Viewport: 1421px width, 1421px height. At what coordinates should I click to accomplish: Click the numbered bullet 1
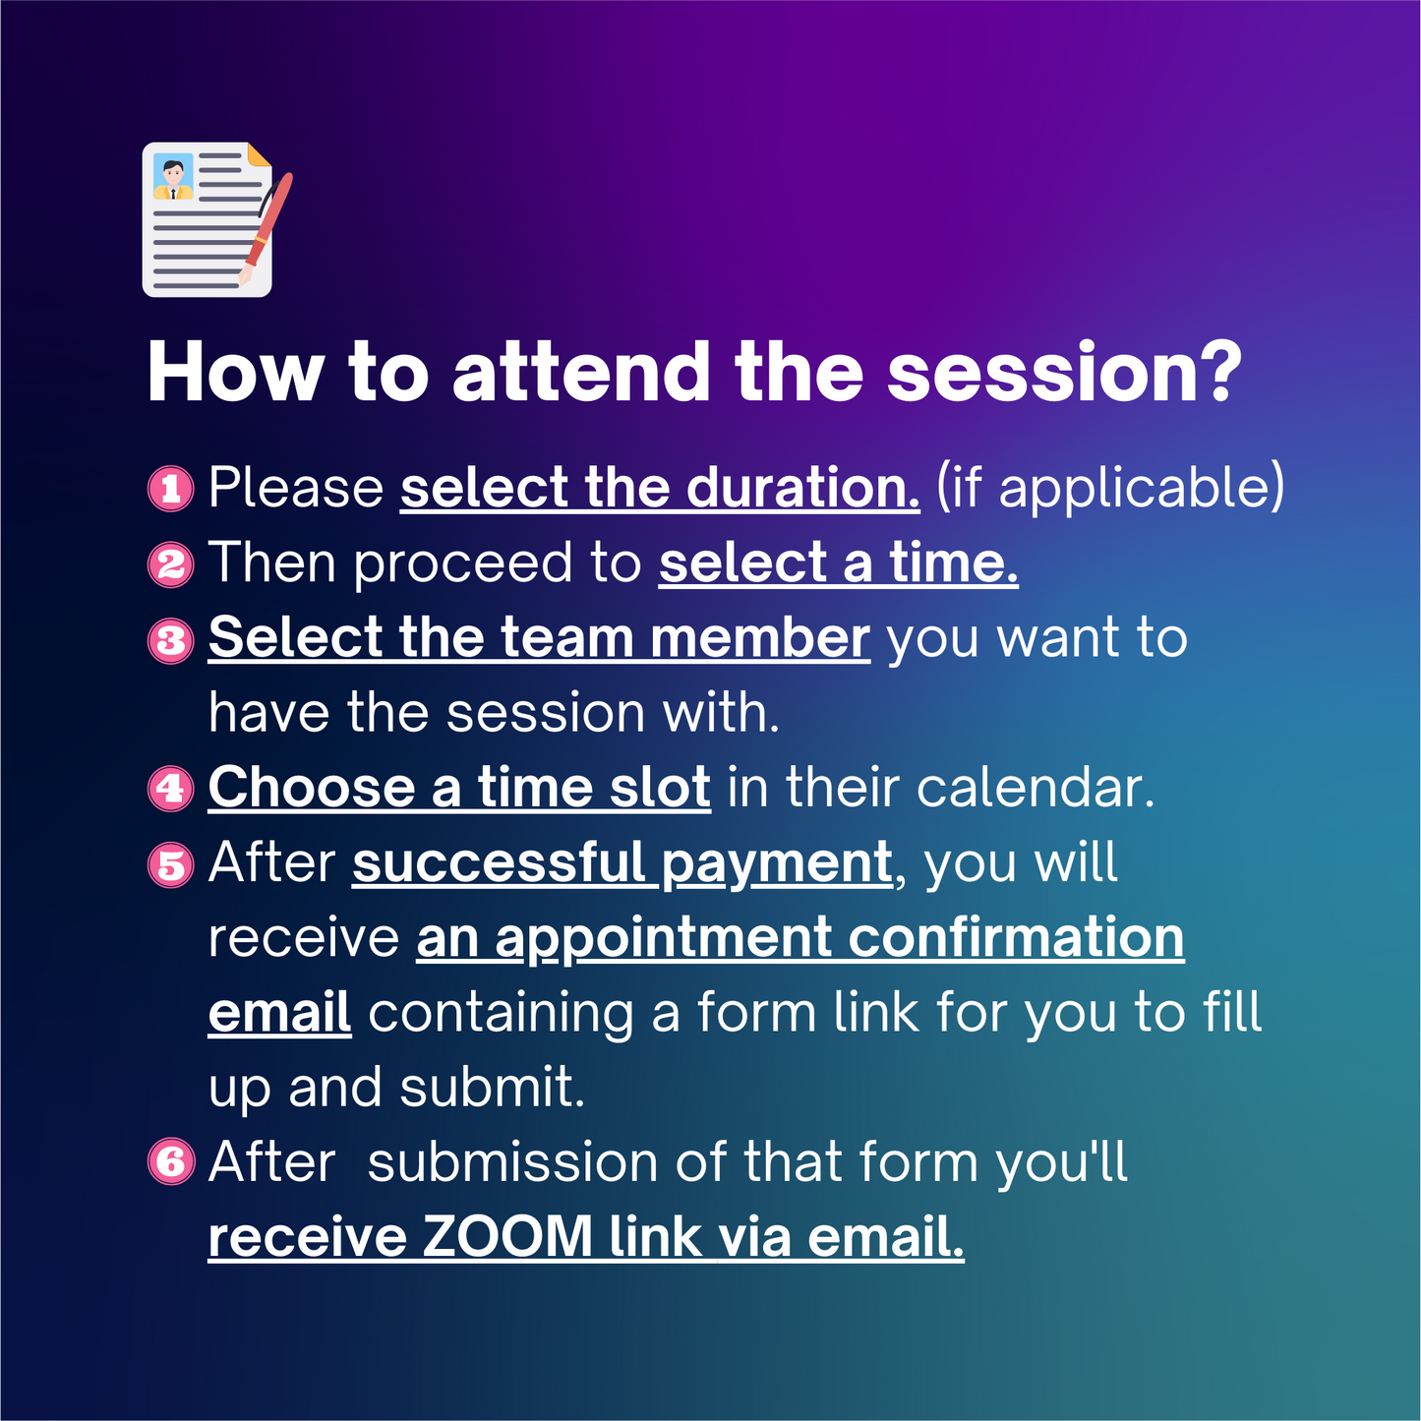click(x=170, y=488)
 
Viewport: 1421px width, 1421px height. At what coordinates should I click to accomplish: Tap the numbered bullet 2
click(x=170, y=563)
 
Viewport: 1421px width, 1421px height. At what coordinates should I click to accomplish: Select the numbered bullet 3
click(x=170, y=639)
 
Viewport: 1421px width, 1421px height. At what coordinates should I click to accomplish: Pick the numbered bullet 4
click(x=170, y=789)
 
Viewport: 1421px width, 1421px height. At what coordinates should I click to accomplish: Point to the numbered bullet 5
click(x=170, y=864)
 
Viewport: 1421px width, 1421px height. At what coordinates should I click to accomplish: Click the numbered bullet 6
click(x=170, y=1162)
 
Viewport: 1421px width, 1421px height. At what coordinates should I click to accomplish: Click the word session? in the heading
click(x=1064, y=374)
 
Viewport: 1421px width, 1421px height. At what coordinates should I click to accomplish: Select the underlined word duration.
click(x=802, y=488)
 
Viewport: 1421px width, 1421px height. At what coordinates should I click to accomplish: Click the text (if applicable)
click(x=1110, y=488)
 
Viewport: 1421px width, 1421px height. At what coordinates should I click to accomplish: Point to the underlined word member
click(x=759, y=638)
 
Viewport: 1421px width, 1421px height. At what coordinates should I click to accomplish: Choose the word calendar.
click(x=1036, y=789)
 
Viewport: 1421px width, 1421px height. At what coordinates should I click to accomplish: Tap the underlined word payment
click(x=776, y=864)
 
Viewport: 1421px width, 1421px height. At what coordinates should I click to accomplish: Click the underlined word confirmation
click(x=1016, y=938)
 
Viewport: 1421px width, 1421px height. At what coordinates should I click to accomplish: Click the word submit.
click(x=493, y=1088)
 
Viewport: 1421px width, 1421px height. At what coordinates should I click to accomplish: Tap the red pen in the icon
click(x=267, y=225)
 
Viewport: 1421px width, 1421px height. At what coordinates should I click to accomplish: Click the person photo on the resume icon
click(x=173, y=177)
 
